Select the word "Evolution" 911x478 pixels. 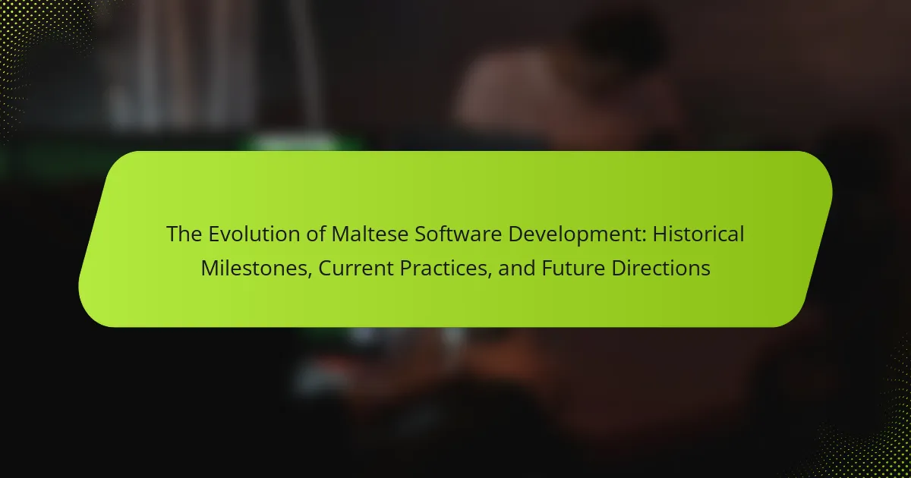[254, 234]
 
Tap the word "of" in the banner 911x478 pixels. [316, 234]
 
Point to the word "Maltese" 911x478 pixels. [370, 234]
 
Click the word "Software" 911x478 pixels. [458, 234]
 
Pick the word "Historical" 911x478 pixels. [698, 234]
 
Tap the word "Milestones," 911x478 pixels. [257, 269]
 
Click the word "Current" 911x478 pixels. [355, 269]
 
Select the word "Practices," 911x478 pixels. [446, 269]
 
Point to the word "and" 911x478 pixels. [516, 269]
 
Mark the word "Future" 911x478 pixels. [573, 269]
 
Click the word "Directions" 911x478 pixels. [660, 269]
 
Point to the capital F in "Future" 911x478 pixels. [547, 269]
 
